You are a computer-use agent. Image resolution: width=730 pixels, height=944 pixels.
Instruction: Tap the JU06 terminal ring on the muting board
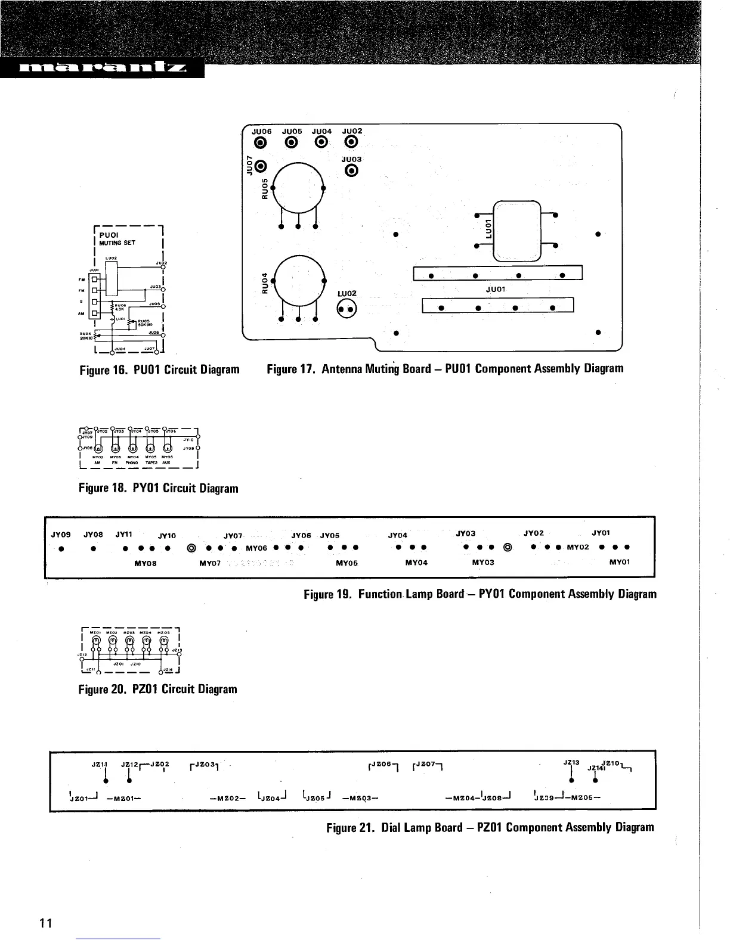(261, 142)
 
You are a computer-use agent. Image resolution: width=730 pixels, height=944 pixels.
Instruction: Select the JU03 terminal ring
(351, 172)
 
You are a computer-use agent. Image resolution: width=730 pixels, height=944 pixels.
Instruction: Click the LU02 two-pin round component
(347, 309)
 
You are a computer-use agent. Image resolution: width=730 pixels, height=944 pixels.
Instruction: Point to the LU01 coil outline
(516, 229)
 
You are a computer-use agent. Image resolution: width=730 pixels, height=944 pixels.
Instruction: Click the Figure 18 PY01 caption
(159, 489)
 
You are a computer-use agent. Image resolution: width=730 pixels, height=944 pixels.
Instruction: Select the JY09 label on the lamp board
(61, 534)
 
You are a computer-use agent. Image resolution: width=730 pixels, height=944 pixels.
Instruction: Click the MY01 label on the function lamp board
(620, 562)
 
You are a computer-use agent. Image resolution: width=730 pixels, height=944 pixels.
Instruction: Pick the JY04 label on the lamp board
(398, 535)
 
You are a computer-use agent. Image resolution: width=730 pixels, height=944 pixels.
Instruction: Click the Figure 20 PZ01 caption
(158, 690)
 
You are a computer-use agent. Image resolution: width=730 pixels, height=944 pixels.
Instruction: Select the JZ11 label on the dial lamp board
(99, 764)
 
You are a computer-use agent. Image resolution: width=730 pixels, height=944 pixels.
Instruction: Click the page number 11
(47, 924)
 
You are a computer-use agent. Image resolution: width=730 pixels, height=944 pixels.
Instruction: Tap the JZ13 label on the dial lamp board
(571, 762)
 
